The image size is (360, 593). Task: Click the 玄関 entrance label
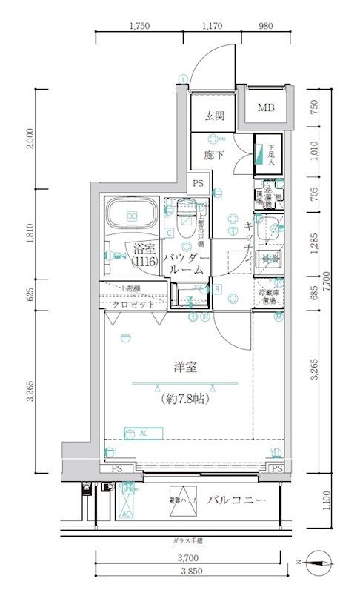pyautogui.click(x=214, y=116)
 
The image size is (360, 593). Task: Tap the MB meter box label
pyautogui.click(x=266, y=108)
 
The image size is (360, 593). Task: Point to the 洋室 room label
pyautogui.click(x=184, y=366)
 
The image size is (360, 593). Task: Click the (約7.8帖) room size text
pyautogui.click(x=184, y=398)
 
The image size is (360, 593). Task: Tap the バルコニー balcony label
pyautogui.click(x=236, y=501)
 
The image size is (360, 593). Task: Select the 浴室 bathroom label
pyautogui.click(x=144, y=251)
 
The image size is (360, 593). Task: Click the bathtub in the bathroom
pyautogui.click(x=131, y=215)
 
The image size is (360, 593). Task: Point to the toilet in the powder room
pyautogui.click(x=187, y=220)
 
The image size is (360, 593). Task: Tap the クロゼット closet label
pyautogui.click(x=133, y=305)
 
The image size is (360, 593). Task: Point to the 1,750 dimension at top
pyautogui.click(x=139, y=26)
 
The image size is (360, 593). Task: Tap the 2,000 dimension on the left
pyautogui.click(x=29, y=139)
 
